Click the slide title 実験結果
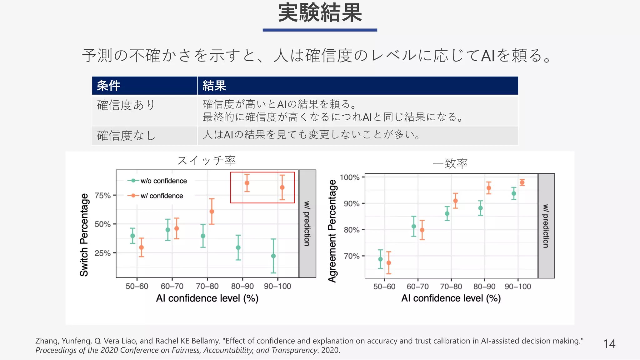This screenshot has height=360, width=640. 320,13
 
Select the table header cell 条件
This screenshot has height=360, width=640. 108,86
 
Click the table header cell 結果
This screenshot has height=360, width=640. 214,86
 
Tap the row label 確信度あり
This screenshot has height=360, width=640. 126,105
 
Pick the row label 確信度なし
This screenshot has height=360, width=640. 126,136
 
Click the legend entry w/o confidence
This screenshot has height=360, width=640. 163,181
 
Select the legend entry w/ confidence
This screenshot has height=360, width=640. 161,196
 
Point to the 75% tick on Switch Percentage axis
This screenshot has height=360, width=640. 103,196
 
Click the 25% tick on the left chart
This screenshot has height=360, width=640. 103,253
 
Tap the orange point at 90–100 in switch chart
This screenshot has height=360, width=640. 282,187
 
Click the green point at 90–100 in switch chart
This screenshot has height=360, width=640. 273,256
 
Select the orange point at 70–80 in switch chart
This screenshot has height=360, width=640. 212,212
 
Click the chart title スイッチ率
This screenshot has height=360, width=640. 206,161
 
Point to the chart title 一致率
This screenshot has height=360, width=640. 450,163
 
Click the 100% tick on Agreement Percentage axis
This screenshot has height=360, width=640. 350,177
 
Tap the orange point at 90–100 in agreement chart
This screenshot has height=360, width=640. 522,182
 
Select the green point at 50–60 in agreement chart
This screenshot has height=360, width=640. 380,259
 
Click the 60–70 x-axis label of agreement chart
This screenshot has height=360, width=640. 417,287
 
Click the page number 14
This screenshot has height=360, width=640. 609,344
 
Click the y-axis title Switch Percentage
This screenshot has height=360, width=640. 84,235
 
